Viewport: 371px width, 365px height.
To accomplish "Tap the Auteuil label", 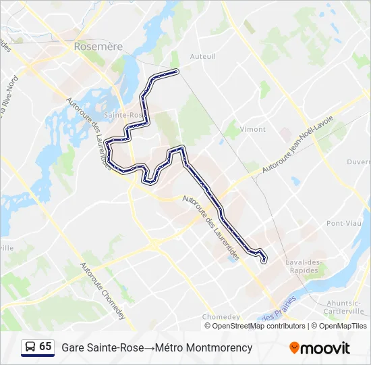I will (203, 56).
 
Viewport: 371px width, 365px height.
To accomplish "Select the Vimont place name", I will (253, 128).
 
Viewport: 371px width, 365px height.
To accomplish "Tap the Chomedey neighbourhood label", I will (221, 316).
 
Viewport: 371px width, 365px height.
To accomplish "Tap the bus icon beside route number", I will (30, 347).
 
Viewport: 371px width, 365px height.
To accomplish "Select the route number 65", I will (45, 347).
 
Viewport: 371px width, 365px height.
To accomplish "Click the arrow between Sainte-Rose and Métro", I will (148, 347).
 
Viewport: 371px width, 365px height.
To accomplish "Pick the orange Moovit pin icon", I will (294, 348).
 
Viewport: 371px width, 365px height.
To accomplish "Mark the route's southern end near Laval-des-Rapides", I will (264, 260).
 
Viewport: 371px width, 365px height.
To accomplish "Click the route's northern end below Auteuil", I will (177, 71).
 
